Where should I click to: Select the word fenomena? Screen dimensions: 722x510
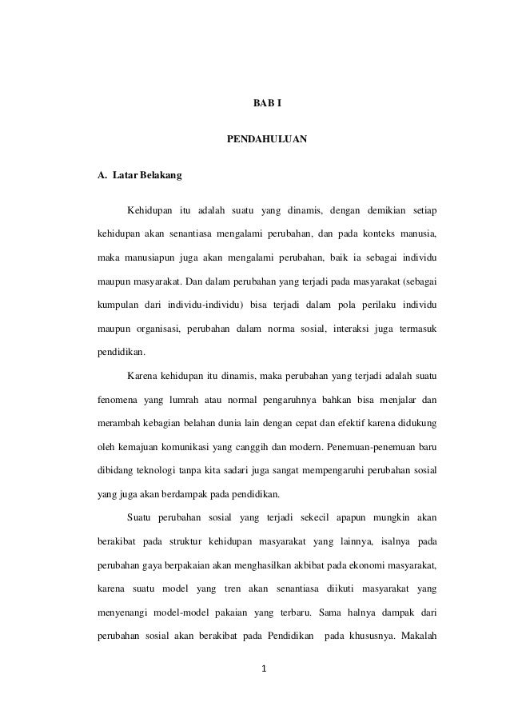point(116,398)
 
